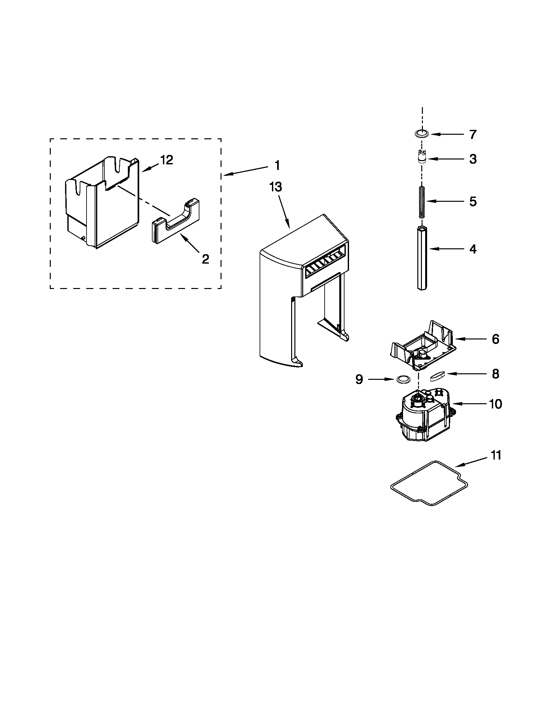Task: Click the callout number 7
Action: (472, 135)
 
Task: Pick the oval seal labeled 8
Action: (437, 376)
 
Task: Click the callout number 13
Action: (275, 187)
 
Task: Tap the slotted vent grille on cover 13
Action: (324, 262)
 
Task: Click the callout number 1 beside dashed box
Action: (277, 165)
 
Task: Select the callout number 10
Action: (495, 404)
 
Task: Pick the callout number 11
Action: (496, 456)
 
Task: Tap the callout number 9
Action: (359, 379)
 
